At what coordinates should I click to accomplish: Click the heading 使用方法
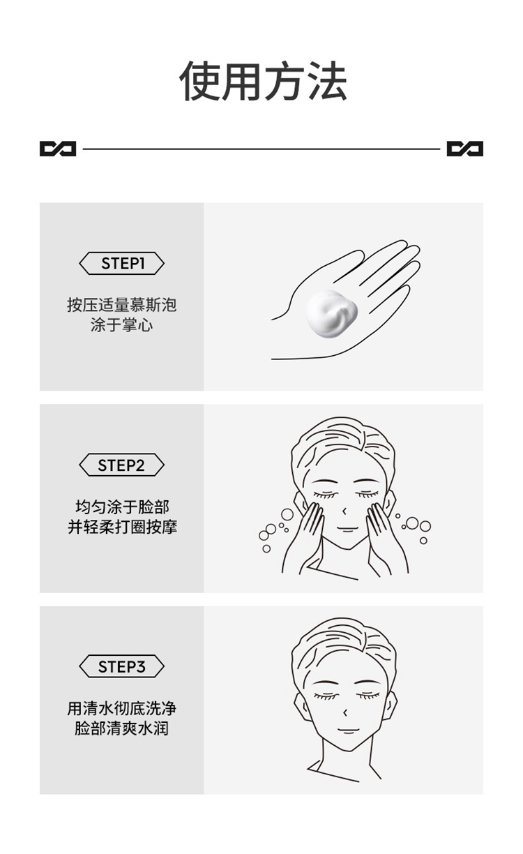263,82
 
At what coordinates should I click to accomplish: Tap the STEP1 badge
122,264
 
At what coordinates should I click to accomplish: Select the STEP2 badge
122,465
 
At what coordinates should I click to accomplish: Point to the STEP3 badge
122,667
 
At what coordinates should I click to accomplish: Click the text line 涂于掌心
122,325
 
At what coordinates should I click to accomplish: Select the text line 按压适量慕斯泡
122,305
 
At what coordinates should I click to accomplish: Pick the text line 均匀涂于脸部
122,507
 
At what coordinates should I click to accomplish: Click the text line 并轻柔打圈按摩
122,527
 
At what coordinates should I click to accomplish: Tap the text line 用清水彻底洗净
122,709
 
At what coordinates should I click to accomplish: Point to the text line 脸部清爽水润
122,729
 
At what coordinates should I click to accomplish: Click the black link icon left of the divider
58,149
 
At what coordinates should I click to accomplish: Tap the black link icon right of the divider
465,149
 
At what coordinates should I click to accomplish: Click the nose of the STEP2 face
344,511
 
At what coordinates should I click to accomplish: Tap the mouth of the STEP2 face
346,529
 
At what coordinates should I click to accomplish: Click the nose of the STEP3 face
344,712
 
